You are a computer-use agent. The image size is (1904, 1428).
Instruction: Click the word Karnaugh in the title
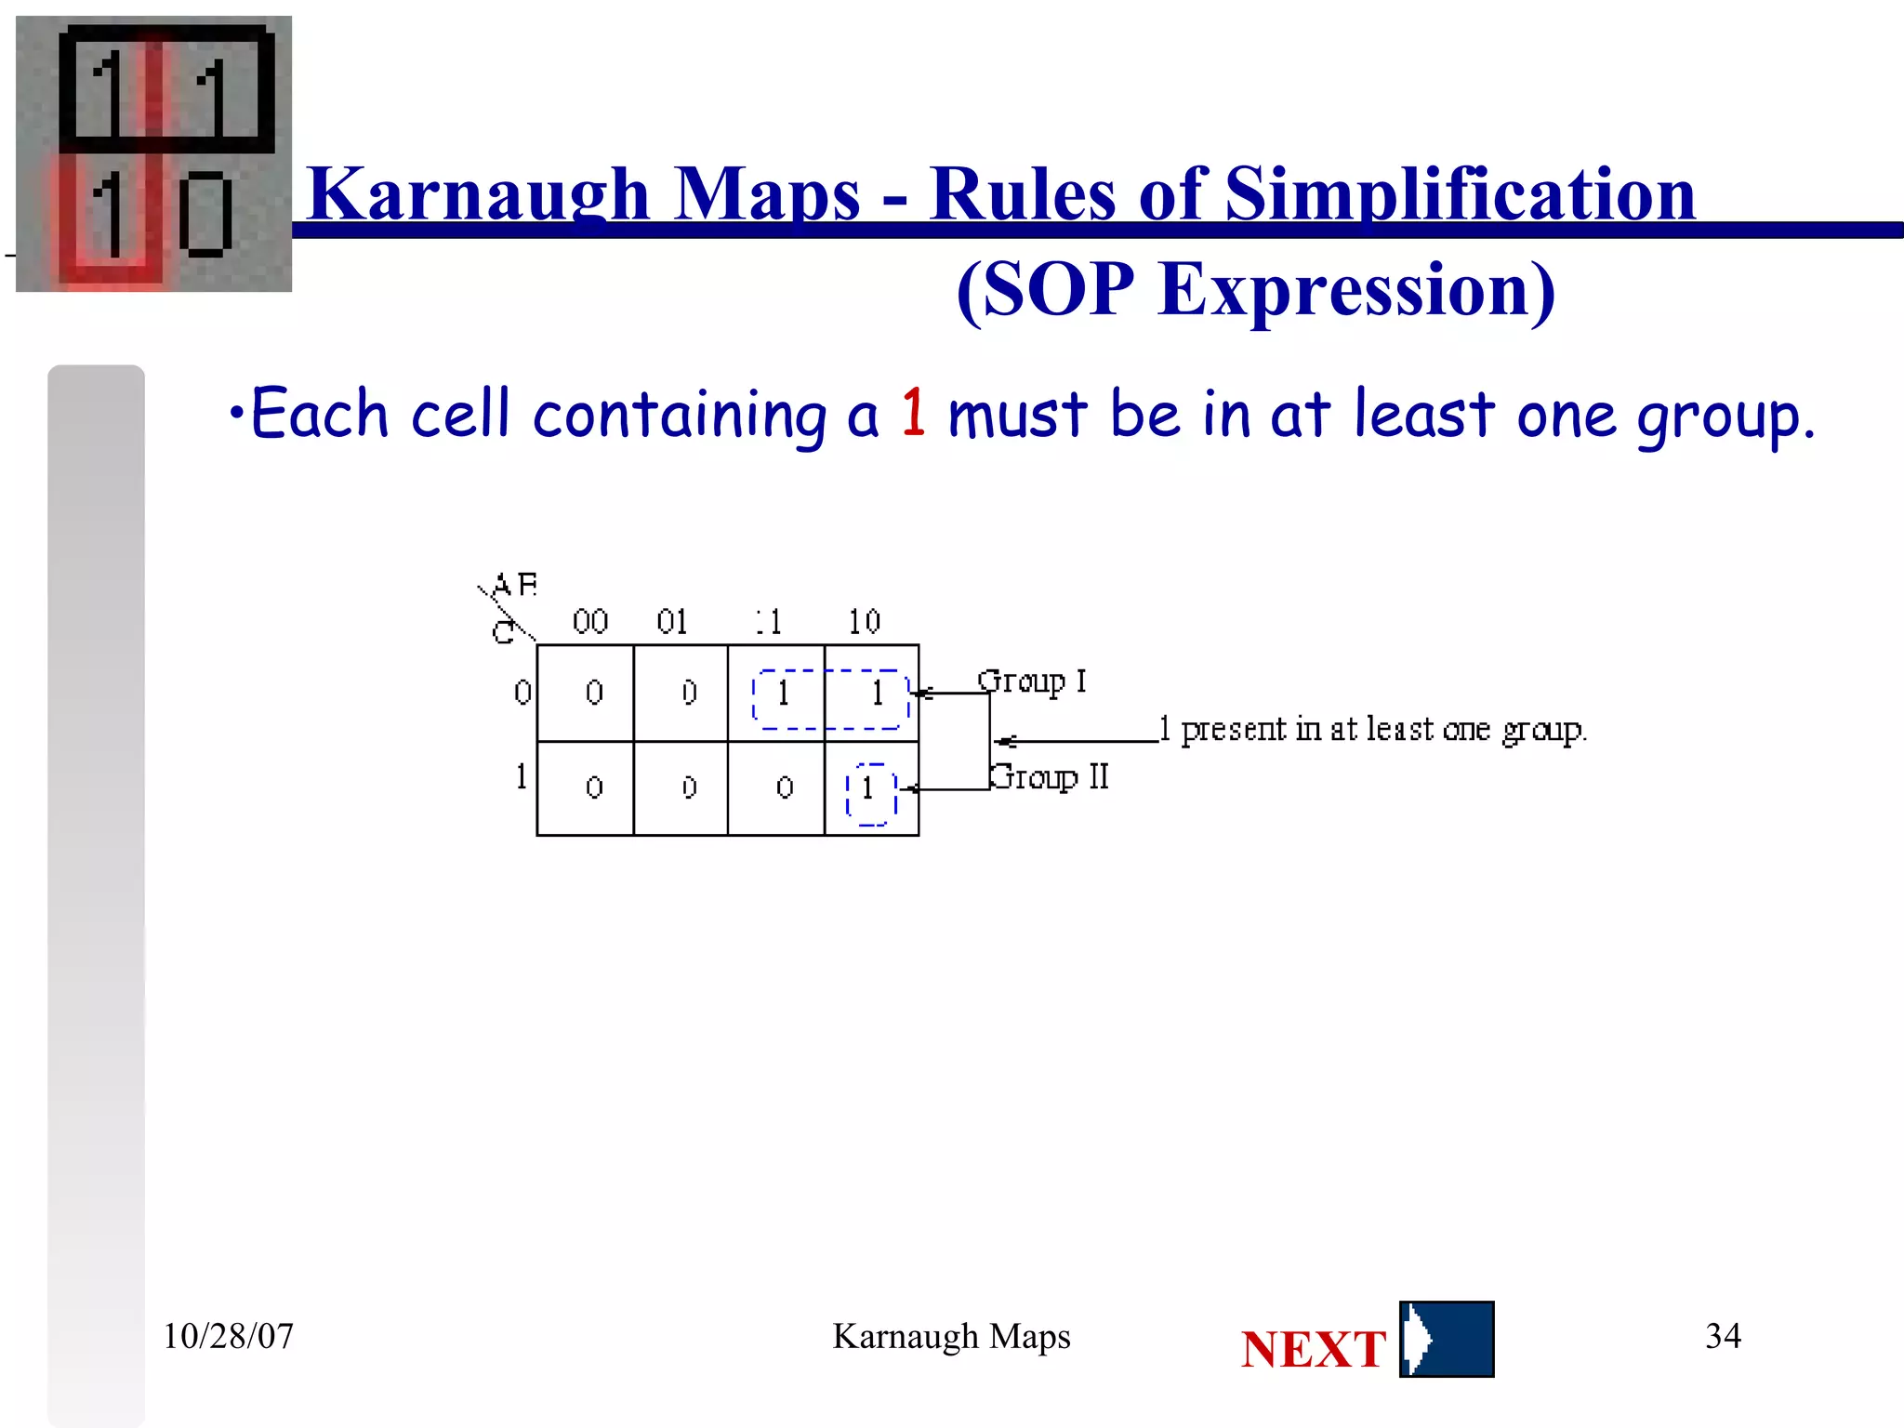click(x=477, y=195)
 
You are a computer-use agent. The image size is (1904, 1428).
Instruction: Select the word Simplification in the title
click(x=1460, y=195)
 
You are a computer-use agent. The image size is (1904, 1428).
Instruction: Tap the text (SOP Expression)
click(x=1255, y=290)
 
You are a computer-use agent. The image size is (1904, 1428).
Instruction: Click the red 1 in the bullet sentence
click(x=913, y=412)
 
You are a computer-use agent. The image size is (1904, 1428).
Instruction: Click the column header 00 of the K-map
click(x=590, y=621)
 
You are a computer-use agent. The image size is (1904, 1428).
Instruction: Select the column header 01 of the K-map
click(x=672, y=621)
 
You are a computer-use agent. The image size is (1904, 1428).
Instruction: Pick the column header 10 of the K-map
click(x=864, y=621)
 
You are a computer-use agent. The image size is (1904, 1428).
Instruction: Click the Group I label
click(x=1031, y=681)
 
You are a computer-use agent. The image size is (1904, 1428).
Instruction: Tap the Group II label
click(x=1049, y=776)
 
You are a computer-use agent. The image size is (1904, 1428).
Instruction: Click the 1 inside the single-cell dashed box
click(x=868, y=788)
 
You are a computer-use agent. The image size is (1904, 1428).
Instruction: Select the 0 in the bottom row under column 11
click(x=785, y=788)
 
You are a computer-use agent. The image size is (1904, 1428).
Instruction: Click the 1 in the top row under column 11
click(x=783, y=693)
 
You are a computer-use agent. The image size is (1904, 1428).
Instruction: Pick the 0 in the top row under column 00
click(x=594, y=693)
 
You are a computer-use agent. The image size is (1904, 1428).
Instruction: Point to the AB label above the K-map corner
click(x=514, y=585)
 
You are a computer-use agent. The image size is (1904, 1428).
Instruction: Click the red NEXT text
click(x=1313, y=1349)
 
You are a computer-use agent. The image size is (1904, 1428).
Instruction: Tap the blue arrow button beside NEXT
click(x=1447, y=1340)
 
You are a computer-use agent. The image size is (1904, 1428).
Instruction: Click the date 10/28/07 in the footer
click(x=228, y=1336)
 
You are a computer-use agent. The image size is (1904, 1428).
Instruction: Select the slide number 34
click(x=1723, y=1336)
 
